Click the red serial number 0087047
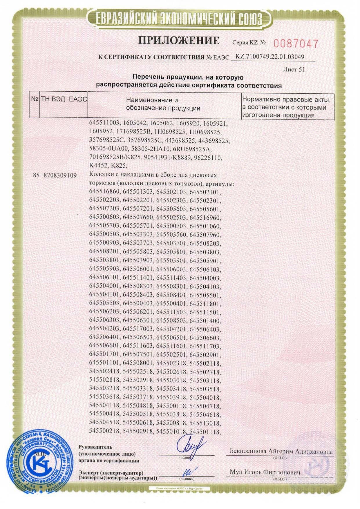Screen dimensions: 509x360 [296, 44]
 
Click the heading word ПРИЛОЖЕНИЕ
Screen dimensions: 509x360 [179, 40]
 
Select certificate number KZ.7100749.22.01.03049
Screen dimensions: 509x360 [270, 57]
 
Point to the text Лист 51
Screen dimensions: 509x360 [294, 69]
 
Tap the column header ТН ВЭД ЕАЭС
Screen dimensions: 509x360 [64, 99]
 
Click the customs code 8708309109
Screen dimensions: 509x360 [60, 175]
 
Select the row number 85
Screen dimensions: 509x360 [36, 175]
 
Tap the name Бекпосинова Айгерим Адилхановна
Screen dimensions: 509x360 [281, 452]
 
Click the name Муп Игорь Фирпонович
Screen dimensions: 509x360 [265, 472]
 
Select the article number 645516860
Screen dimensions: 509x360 [104, 192]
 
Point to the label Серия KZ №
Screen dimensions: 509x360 [249, 43]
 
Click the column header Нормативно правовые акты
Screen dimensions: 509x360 [286, 100]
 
